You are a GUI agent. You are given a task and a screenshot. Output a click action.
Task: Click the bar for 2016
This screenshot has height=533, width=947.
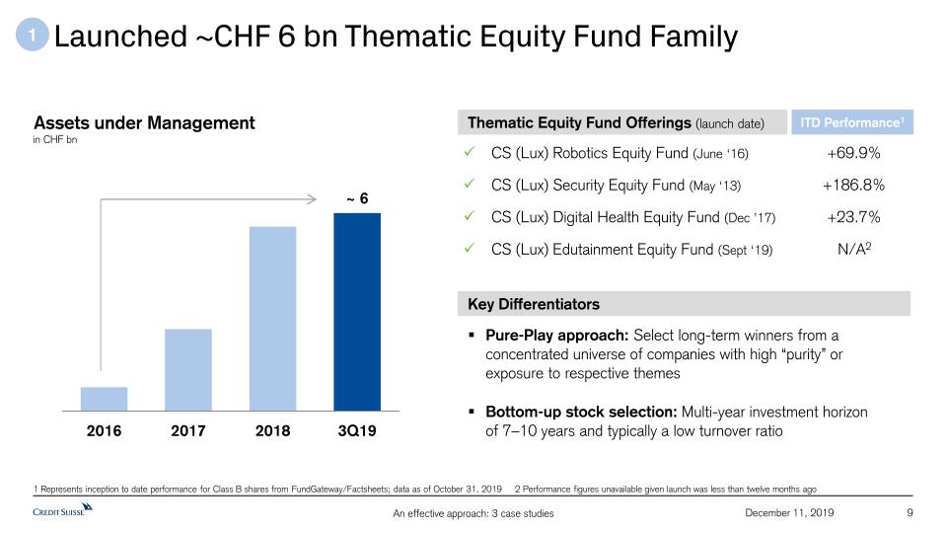pyautogui.click(x=104, y=399)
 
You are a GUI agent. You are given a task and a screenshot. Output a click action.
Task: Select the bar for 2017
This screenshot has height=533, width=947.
pyautogui.click(x=188, y=370)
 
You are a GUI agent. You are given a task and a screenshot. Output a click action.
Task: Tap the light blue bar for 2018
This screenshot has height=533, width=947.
pyautogui.click(x=273, y=319)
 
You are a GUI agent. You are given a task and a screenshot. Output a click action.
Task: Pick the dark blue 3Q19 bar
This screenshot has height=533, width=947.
pyautogui.click(x=357, y=312)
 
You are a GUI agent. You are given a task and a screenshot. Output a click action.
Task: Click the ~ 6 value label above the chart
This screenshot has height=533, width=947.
pyautogui.click(x=357, y=198)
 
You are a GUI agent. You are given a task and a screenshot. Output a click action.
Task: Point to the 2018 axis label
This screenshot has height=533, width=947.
pyautogui.click(x=272, y=431)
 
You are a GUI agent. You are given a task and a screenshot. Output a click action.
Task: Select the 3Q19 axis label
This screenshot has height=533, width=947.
pyautogui.click(x=357, y=431)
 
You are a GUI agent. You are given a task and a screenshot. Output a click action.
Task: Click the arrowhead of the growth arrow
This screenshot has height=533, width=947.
pyautogui.click(x=312, y=198)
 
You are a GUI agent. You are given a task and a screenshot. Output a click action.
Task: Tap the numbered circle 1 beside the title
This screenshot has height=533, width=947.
pyautogui.click(x=32, y=35)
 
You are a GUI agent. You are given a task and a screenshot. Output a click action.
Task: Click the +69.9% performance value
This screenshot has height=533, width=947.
pyautogui.click(x=853, y=153)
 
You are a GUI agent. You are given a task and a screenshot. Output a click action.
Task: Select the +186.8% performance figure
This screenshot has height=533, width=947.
pyautogui.click(x=853, y=185)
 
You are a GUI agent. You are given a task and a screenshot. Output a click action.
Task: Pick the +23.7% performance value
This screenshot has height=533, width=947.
pyautogui.click(x=853, y=217)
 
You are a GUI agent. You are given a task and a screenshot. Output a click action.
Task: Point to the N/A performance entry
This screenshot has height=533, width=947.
pyautogui.click(x=854, y=249)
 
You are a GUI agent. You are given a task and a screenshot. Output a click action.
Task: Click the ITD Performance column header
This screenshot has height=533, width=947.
pyautogui.click(x=852, y=122)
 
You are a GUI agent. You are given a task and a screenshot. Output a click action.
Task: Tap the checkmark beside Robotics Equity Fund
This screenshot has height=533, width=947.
pyautogui.click(x=470, y=152)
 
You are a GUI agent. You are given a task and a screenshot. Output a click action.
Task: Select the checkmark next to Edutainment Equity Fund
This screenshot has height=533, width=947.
pyautogui.click(x=470, y=248)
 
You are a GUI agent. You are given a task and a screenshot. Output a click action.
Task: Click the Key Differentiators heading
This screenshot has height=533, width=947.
pyautogui.click(x=534, y=304)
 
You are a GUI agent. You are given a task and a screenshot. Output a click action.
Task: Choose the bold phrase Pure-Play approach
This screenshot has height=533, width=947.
pyautogui.click(x=556, y=336)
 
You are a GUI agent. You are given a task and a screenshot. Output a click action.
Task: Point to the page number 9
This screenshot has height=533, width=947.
pyautogui.click(x=910, y=513)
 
